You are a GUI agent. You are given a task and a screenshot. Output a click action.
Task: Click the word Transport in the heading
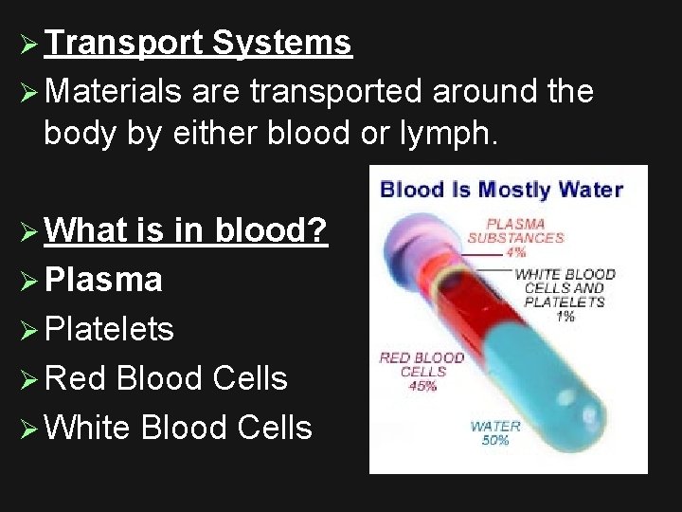tap(123, 43)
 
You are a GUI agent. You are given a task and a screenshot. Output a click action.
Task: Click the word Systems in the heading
tap(282, 43)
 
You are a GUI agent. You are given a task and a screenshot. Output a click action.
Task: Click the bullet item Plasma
tap(102, 280)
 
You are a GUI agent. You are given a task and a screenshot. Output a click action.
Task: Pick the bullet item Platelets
tap(108, 329)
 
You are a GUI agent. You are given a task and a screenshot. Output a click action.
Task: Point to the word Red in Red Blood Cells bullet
tap(75, 378)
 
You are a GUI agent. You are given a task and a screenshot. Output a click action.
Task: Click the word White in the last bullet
tap(86, 428)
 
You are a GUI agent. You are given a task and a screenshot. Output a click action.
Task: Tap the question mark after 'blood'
tap(318, 230)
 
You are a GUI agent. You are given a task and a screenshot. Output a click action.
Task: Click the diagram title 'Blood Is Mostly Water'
tap(501, 189)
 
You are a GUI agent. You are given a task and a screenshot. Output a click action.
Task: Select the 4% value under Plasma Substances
tap(516, 252)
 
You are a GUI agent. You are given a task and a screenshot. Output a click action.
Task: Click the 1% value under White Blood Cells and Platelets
tap(565, 316)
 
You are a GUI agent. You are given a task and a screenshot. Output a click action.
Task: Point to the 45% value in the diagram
tap(422, 386)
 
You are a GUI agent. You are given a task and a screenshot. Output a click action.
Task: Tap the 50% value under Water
tap(494, 441)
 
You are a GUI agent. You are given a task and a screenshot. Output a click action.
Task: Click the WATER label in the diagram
tap(495, 427)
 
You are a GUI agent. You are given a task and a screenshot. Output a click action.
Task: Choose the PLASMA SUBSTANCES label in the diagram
tap(516, 231)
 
